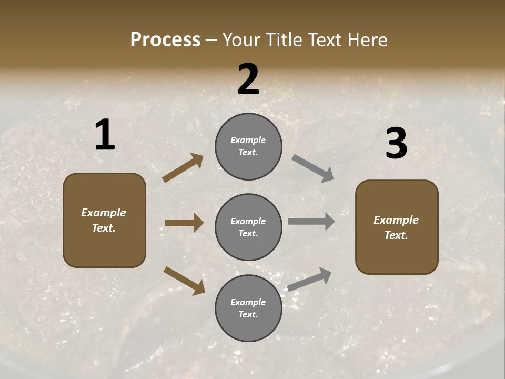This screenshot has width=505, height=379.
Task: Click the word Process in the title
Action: coord(165,40)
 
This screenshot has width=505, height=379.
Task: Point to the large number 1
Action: coord(105,135)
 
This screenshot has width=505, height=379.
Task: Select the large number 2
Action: coord(248,79)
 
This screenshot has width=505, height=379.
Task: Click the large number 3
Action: coord(396,143)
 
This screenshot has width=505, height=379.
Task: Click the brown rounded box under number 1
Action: coord(104,220)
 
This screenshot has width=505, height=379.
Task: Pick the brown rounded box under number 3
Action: coord(397,227)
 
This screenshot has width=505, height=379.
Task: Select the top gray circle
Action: coord(248,146)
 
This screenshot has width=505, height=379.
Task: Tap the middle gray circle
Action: coord(248,227)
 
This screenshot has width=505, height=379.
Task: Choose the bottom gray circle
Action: coord(248,308)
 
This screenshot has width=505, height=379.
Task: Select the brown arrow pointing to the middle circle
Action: coord(184,223)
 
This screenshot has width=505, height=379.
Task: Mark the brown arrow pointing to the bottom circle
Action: coord(184,281)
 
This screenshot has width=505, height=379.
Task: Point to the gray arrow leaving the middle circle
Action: coord(311,221)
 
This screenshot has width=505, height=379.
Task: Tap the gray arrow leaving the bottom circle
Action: coord(309,279)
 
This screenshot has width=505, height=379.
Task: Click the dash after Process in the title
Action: coord(211,41)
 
